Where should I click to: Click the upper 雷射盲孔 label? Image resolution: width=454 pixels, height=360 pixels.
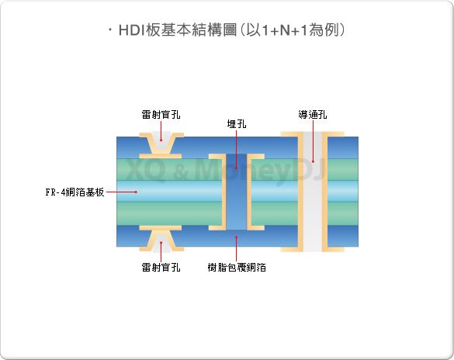(x=161, y=115)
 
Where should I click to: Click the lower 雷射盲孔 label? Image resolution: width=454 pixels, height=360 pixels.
(x=161, y=267)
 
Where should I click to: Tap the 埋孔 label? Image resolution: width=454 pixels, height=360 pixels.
(x=237, y=124)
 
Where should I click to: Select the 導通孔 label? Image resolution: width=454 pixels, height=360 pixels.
(x=313, y=115)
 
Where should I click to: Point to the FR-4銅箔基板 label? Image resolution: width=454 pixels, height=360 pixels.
(x=75, y=192)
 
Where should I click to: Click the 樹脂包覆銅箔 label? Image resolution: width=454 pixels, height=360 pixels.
(x=237, y=267)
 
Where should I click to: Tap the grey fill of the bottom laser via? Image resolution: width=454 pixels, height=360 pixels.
(x=161, y=243)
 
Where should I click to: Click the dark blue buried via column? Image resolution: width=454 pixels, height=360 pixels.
(x=237, y=192)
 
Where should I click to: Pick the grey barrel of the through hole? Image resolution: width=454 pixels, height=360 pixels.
(x=313, y=192)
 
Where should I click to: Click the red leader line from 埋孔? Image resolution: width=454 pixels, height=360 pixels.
(x=237, y=149)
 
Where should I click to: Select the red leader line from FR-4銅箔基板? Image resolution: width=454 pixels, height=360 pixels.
(x=121, y=192)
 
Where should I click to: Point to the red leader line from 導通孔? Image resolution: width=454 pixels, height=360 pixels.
(x=313, y=141)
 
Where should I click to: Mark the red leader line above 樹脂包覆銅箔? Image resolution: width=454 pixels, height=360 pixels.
(x=237, y=249)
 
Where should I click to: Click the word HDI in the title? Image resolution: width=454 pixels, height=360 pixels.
(x=132, y=30)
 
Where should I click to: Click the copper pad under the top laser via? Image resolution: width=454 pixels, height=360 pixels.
(x=161, y=156)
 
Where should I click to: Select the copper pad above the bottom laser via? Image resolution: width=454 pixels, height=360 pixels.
(x=161, y=228)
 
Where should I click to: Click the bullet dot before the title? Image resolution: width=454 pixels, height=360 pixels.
(x=110, y=29)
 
